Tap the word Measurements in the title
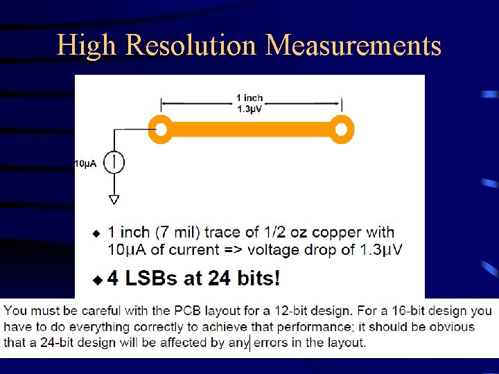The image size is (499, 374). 353,46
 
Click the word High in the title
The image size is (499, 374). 87,46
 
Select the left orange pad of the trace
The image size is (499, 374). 161,130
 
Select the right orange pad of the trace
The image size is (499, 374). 340,130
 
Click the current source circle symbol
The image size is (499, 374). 114,163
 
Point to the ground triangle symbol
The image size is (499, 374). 114,199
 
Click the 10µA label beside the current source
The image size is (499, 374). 85,164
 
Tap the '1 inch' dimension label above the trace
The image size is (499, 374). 249,98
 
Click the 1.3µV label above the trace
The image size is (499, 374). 249,108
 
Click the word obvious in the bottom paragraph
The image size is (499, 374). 450,327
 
